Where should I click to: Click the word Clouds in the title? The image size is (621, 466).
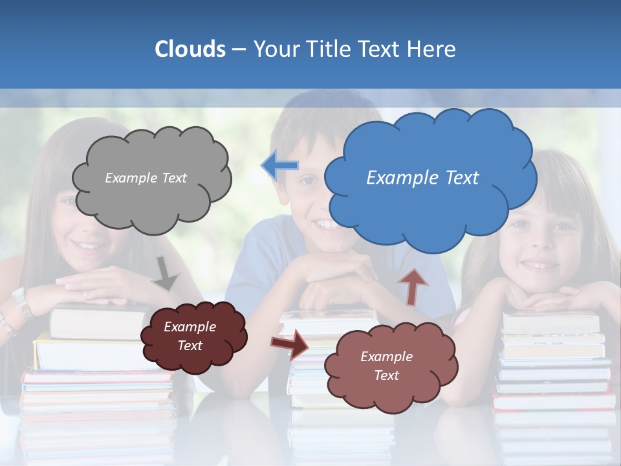[x=190, y=49]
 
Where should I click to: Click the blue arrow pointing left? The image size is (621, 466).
[x=279, y=165]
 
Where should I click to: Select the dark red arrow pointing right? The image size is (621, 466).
[x=289, y=344]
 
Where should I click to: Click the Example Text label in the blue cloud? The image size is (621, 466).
[x=422, y=178]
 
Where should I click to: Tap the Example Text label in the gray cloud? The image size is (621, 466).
[x=146, y=178]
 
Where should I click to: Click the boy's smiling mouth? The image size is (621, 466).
[x=327, y=225]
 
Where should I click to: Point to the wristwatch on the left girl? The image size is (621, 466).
[x=21, y=302]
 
